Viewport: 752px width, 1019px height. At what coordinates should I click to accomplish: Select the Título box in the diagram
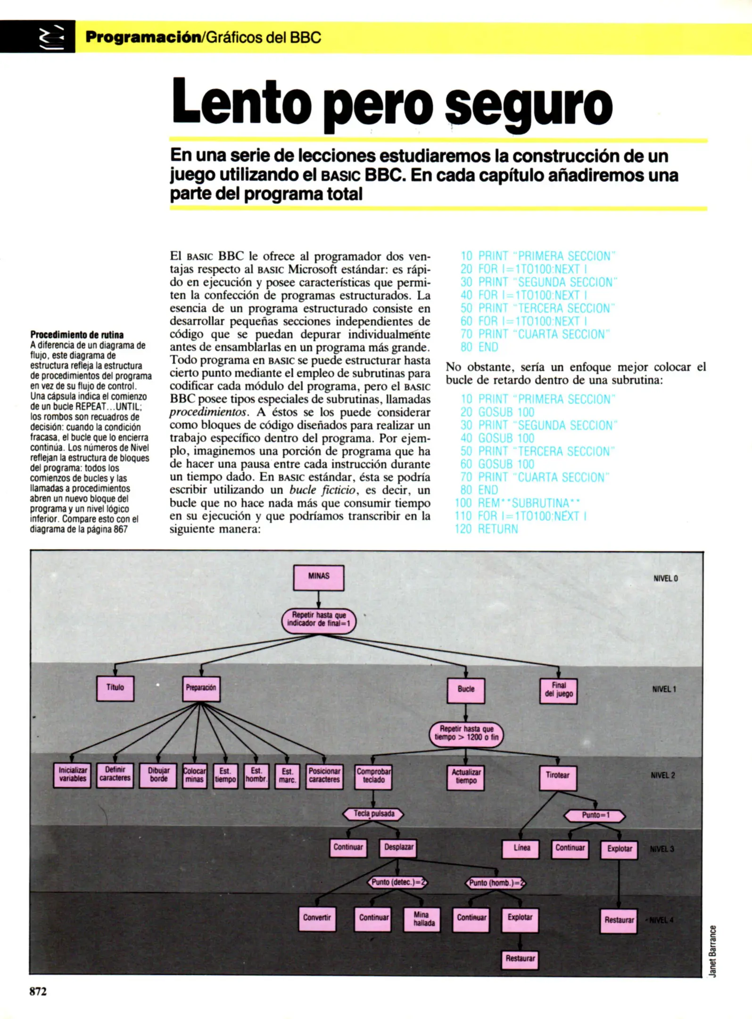pyautogui.click(x=115, y=688)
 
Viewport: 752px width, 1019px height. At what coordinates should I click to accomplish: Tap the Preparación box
pyautogui.click(x=201, y=688)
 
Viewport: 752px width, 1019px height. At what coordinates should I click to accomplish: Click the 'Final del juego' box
pyautogui.click(x=558, y=690)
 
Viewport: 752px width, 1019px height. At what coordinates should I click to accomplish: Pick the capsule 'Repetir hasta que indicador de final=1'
pyautogui.click(x=319, y=620)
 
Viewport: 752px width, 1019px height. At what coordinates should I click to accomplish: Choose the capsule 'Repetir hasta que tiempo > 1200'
pyautogui.click(x=466, y=734)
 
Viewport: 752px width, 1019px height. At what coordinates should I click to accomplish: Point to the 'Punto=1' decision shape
pyautogui.click(x=595, y=815)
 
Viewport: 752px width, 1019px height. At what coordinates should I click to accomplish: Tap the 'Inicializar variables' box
pyautogui.click(x=73, y=775)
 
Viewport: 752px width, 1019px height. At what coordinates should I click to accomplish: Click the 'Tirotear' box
pyautogui.click(x=558, y=776)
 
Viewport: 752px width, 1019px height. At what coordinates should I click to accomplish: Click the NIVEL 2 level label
pyautogui.click(x=662, y=776)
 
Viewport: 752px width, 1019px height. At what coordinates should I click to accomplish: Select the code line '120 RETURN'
pyautogui.click(x=487, y=529)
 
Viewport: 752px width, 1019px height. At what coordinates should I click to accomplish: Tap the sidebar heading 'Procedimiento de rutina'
pyautogui.click(x=77, y=335)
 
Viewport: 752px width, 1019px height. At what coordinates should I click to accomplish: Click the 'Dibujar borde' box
pyautogui.click(x=158, y=775)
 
